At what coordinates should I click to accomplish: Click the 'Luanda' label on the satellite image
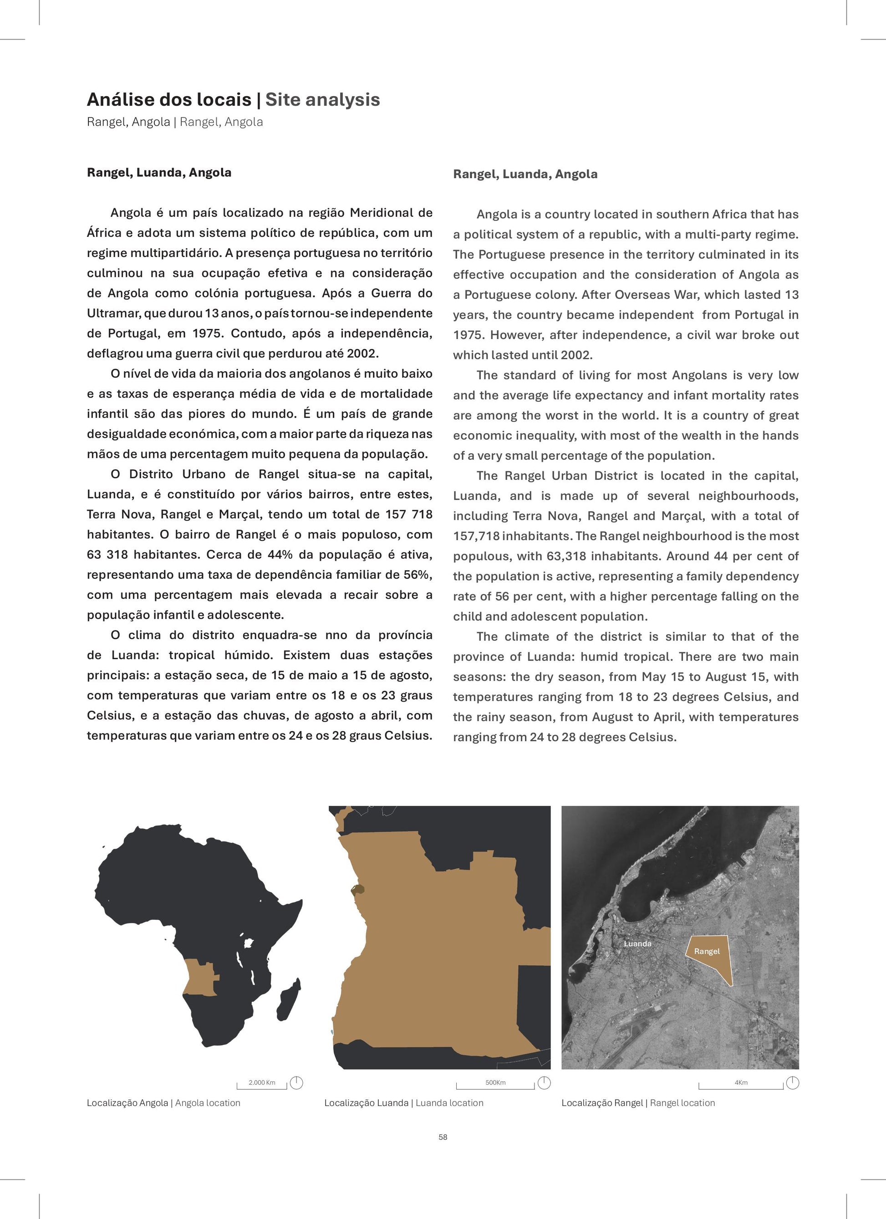[637, 943]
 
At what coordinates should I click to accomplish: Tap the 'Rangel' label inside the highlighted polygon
[707, 951]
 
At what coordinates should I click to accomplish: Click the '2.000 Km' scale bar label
[262, 1082]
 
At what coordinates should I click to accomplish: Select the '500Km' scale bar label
[495, 1082]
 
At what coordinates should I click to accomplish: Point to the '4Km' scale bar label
[741, 1082]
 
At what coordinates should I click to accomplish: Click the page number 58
[443, 1137]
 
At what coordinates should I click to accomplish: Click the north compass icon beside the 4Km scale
[793, 1082]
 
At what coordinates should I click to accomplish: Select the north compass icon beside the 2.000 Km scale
[296, 1082]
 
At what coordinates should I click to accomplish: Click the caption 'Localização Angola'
[127, 1103]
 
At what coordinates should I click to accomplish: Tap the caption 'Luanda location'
[449, 1103]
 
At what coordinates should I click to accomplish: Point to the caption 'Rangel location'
[682, 1103]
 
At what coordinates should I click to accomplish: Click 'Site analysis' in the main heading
[322, 99]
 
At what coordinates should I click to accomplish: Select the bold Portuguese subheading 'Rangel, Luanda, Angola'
[159, 173]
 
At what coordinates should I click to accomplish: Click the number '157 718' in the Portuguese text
[408, 514]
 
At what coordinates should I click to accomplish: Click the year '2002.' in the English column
[576, 355]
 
